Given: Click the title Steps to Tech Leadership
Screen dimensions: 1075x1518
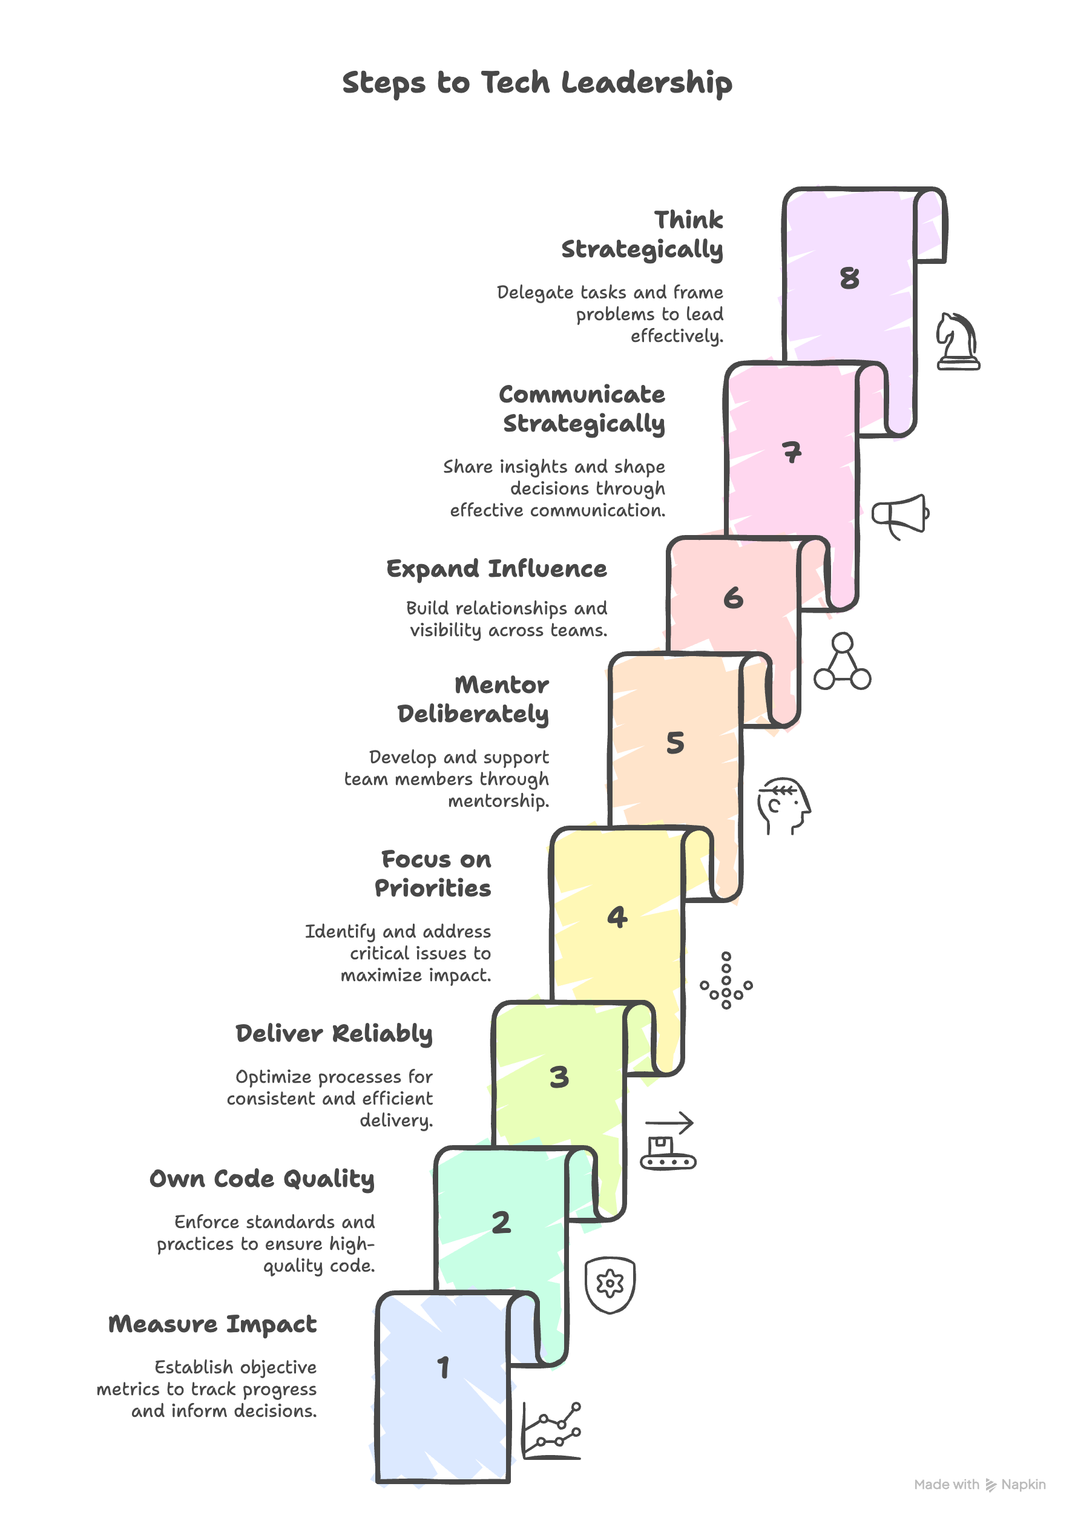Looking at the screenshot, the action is point(537,84).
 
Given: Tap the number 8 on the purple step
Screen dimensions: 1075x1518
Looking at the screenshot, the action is point(849,278).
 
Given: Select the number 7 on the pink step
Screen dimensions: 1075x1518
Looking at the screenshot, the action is point(792,453).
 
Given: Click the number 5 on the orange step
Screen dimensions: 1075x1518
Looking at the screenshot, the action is point(674,743).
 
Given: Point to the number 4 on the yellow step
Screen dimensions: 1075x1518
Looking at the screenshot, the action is point(617,917).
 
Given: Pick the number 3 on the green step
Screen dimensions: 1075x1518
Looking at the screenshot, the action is point(559,1077).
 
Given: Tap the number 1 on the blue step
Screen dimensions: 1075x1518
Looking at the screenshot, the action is point(444,1367).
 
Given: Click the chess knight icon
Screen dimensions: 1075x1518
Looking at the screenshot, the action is point(957,341).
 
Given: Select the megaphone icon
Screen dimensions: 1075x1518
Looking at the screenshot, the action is point(900,516).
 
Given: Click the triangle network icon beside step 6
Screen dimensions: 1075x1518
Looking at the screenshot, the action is point(842,662).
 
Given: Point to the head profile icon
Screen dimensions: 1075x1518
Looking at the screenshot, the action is point(784,806).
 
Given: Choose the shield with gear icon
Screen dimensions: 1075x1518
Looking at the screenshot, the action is point(610,1284).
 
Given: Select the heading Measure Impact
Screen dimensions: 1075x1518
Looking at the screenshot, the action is point(212,1324).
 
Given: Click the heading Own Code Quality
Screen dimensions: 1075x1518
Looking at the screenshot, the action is point(262,1179).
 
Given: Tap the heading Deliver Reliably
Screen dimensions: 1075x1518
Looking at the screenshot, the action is point(334,1034).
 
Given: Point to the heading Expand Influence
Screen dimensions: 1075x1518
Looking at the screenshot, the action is point(496,569).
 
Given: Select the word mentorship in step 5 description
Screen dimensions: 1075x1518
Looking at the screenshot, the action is point(498,801).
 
